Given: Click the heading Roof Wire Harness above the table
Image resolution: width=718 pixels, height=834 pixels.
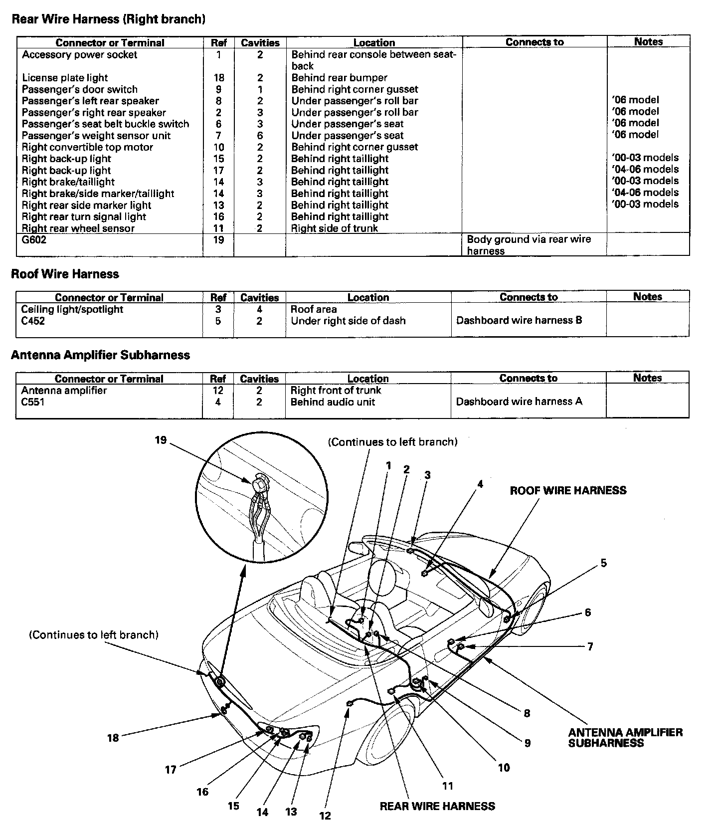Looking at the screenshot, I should click(x=65, y=274).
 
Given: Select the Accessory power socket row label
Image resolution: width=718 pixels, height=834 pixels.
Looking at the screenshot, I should click(x=79, y=55).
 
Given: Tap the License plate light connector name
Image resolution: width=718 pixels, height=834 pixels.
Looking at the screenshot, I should click(x=65, y=78).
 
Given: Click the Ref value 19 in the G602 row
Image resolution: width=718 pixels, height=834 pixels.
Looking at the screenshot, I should click(x=218, y=240).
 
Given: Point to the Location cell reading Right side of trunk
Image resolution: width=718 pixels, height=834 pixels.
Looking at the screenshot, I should click(x=334, y=228).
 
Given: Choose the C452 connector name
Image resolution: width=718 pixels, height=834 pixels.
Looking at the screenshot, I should click(x=33, y=321).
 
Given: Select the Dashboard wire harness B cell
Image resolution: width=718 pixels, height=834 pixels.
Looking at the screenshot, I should click(x=519, y=320).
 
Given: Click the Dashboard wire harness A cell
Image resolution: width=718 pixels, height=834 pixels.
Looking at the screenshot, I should click(x=519, y=402).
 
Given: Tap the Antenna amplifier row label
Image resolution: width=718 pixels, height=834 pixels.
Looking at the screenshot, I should click(x=64, y=391).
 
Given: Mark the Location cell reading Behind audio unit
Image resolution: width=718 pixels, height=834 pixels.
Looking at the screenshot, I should click(x=333, y=402).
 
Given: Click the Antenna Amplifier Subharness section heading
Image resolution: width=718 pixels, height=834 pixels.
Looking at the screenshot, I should click(x=100, y=355).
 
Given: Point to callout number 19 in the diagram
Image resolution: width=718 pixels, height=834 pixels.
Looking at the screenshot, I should click(x=161, y=440).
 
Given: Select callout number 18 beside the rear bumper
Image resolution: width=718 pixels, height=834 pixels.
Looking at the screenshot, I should click(x=113, y=737).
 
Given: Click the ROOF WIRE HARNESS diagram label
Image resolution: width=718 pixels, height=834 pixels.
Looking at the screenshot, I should click(x=568, y=490).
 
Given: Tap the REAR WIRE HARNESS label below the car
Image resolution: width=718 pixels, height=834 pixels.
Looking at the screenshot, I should click(x=437, y=806).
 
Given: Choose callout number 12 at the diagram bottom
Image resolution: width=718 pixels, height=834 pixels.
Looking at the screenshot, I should click(x=325, y=816).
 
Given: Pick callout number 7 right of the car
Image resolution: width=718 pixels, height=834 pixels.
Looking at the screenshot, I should click(x=590, y=646).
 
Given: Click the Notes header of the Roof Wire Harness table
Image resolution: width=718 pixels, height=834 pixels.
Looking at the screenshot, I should click(x=647, y=297).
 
